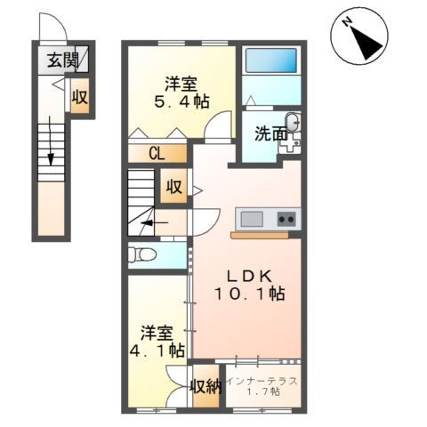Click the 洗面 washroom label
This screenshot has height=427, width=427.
[x=270, y=135]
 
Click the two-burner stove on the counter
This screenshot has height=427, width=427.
[x=286, y=219]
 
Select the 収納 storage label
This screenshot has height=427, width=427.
[x=205, y=386]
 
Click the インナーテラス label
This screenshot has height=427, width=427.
[x=262, y=381]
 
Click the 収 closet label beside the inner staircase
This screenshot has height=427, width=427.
[x=173, y=188]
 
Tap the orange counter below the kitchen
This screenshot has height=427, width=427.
[x=259, y=236]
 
